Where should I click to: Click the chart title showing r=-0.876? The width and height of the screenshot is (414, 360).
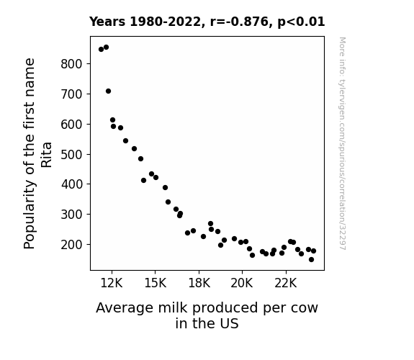[207, 22]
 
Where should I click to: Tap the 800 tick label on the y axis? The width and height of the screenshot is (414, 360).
[72, 64]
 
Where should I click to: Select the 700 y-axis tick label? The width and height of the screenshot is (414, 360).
[72, 94]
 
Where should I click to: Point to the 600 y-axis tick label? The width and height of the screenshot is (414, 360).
[72, 124]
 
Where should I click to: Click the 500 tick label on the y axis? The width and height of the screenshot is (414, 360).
[72, 154]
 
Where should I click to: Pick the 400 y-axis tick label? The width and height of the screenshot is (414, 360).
[72, 184]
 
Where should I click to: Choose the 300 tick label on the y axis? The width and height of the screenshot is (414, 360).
[72, 215]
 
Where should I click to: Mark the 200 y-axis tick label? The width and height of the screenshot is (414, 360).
[72, 245]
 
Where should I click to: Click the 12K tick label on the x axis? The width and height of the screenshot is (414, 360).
[112, 283]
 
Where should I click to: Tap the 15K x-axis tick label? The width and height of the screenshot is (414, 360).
[156, 283]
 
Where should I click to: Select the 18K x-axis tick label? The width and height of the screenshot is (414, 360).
[199, 283]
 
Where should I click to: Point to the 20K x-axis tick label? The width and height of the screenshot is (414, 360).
[242, 283]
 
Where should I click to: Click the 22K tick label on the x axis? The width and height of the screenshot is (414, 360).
[286, 283]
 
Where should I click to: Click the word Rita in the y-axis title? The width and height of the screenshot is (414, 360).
[47, 155]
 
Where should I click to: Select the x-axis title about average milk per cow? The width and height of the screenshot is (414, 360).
[207, 315]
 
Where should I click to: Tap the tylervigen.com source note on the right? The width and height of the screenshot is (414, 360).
[342, 143]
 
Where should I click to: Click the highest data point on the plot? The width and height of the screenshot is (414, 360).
[106, 48]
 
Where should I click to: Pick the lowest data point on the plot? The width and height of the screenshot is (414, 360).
[311, 260]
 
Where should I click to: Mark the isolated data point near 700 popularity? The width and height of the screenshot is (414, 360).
[108, 91]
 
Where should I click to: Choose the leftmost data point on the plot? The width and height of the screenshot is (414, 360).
[101, 50]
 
